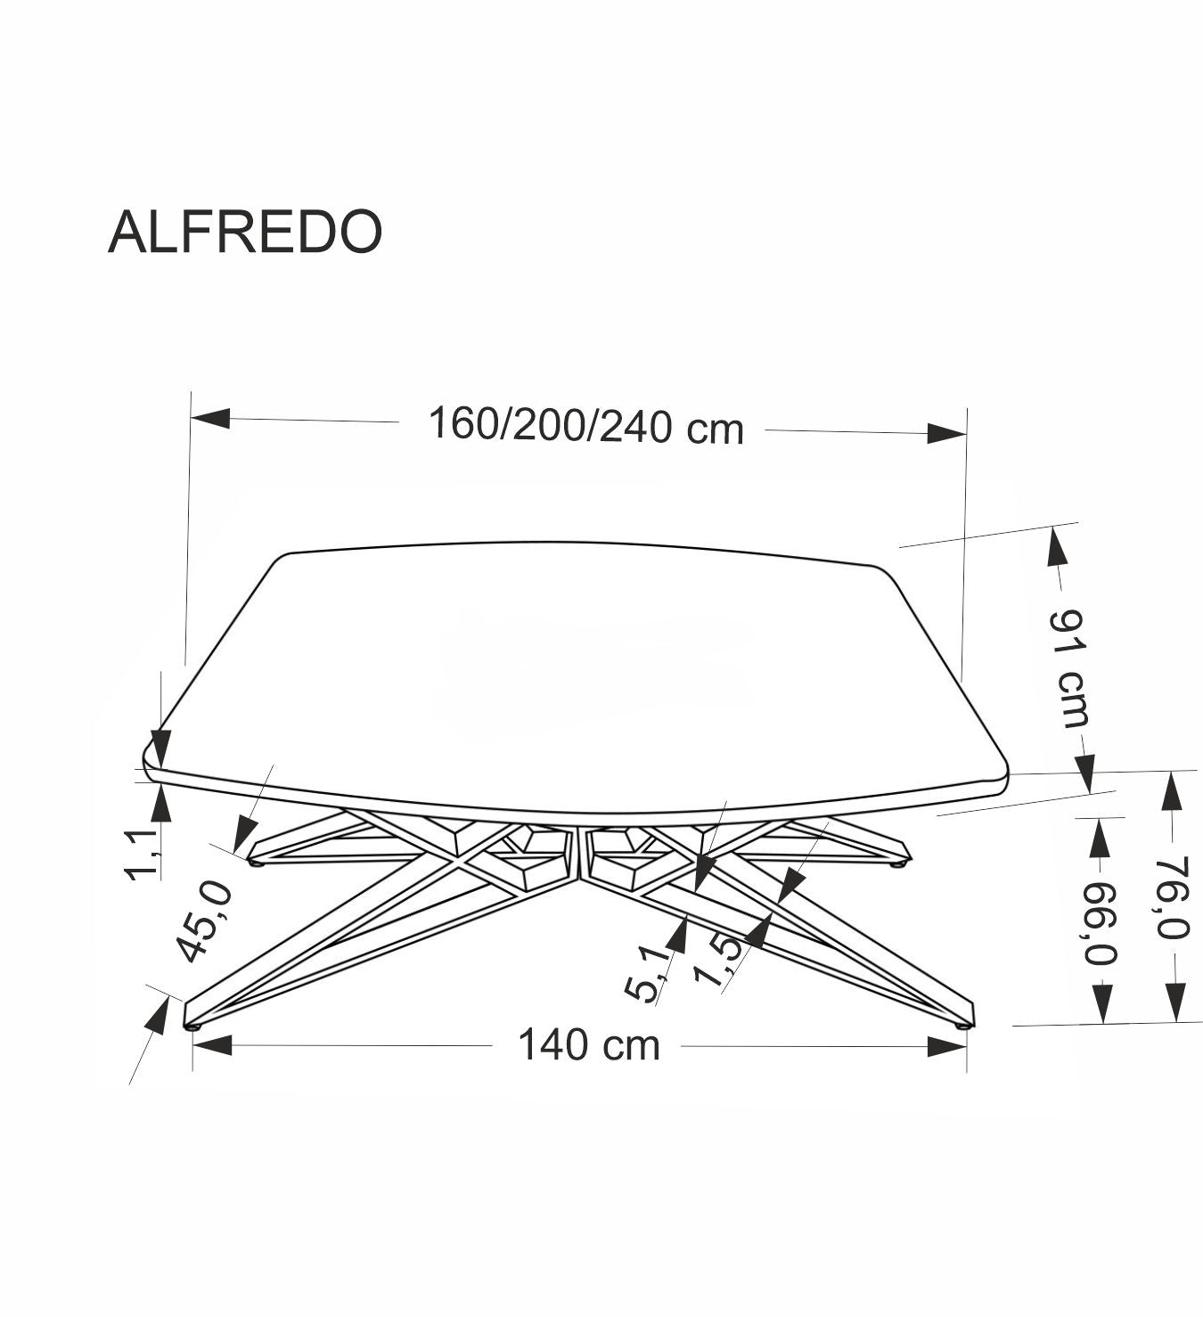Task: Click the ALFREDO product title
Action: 245,233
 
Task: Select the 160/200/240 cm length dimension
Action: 585,426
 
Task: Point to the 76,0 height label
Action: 1174,898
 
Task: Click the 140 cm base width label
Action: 589,1044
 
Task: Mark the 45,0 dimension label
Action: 206,922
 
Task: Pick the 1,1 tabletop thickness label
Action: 143,854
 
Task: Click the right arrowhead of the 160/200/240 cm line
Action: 946,433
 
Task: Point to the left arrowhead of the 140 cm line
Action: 212,1045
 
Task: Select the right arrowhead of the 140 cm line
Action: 946,1046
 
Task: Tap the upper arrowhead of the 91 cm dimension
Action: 1056,545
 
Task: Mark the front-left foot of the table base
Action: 192,1025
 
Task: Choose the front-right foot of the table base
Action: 962,1025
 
